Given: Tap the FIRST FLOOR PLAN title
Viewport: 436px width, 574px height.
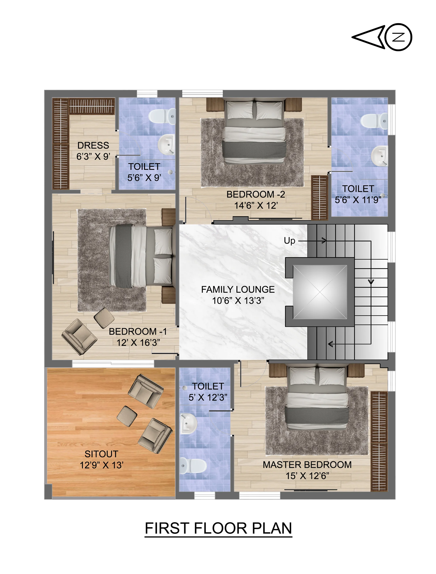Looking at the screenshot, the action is click(218, 528).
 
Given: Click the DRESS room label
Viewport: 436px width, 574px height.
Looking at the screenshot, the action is click(93, 145).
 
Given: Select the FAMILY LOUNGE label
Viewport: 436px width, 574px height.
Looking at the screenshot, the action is click(238, 289).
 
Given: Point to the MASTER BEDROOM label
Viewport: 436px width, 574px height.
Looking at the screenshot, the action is click(307, 464).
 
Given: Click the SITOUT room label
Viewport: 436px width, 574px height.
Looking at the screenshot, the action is click(101, 454).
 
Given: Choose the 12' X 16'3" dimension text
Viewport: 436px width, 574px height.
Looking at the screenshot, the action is click(138, 343).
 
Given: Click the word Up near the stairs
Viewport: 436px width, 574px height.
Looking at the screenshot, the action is click(290, 241).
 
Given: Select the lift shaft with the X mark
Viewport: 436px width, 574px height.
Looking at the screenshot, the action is click(320, 292).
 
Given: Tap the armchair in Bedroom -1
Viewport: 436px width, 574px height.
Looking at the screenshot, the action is click(79, 337).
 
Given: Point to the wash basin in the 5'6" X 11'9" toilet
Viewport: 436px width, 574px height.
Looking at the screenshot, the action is click(379, 156).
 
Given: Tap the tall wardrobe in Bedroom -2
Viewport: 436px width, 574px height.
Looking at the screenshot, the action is click(319, 198).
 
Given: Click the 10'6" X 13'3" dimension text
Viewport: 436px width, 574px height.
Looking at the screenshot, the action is click(238, 300).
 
